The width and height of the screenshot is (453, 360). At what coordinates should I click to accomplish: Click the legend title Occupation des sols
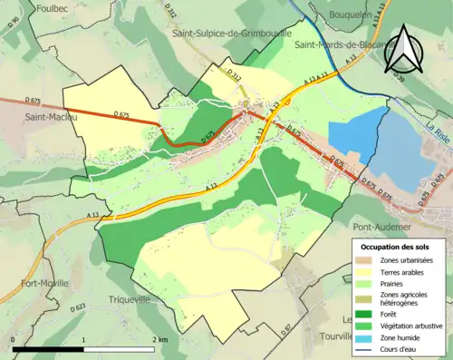click(396, 247)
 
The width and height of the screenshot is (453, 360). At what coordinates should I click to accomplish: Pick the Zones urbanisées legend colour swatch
click(366, 261)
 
